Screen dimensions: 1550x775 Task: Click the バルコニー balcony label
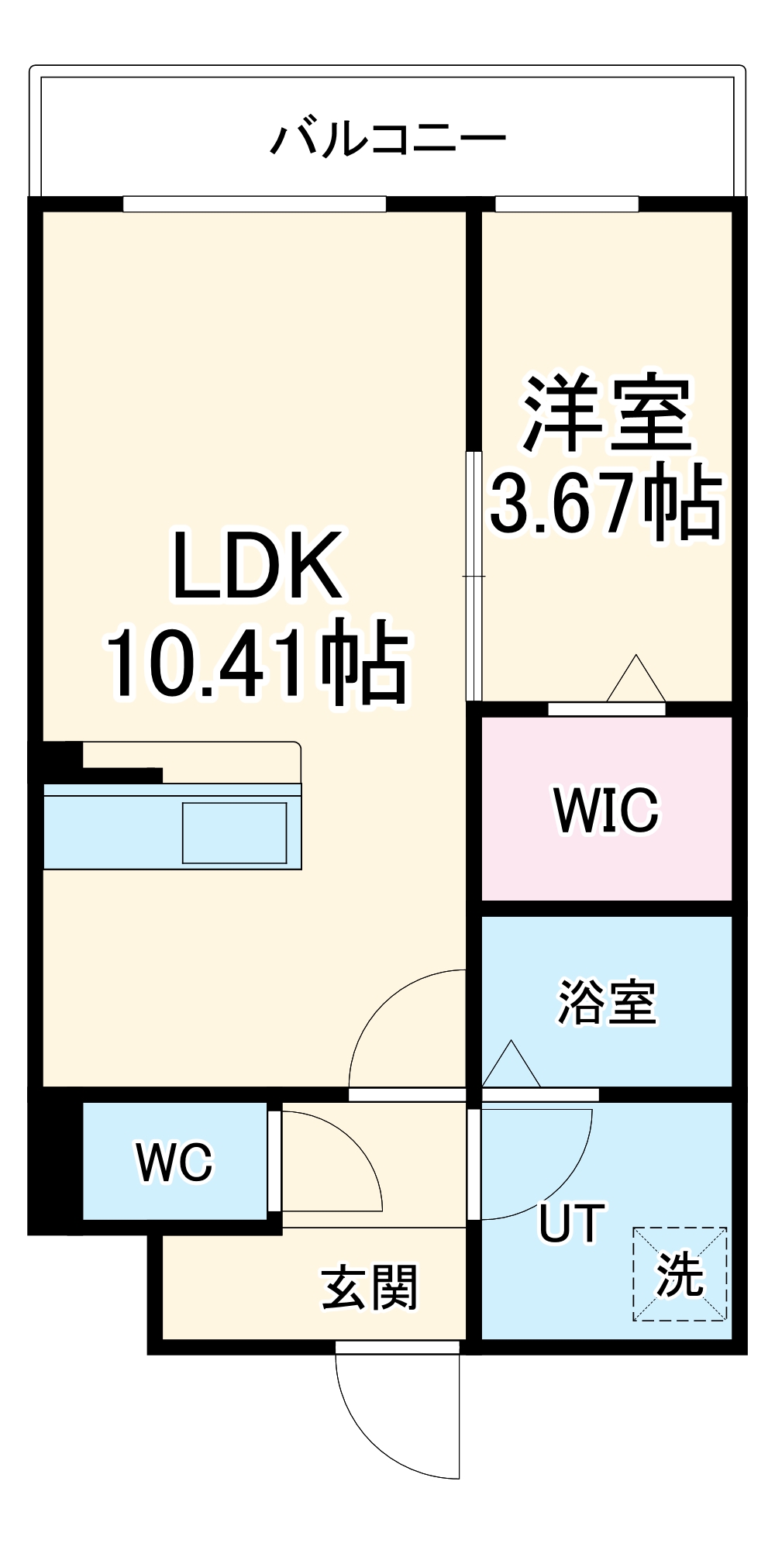[387, 139]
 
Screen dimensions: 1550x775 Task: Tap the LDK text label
[257, 566]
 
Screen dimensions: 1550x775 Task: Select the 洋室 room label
[607, 414]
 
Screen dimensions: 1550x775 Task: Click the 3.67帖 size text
[607, 502]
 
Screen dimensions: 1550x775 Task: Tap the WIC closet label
[607, 811]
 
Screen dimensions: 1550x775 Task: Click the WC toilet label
[174, 1162]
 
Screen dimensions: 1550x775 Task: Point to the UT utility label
[572, 1224]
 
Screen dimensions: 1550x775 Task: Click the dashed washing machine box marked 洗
[680, 1274]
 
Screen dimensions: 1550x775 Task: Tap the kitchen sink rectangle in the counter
[234, 833]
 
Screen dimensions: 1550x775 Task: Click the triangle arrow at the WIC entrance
[635, 680]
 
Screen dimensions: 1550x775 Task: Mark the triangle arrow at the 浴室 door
[511, 1066]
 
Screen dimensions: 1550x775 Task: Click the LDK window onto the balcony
[254, 204]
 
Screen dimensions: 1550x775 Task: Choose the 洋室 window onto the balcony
[567, 204]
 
